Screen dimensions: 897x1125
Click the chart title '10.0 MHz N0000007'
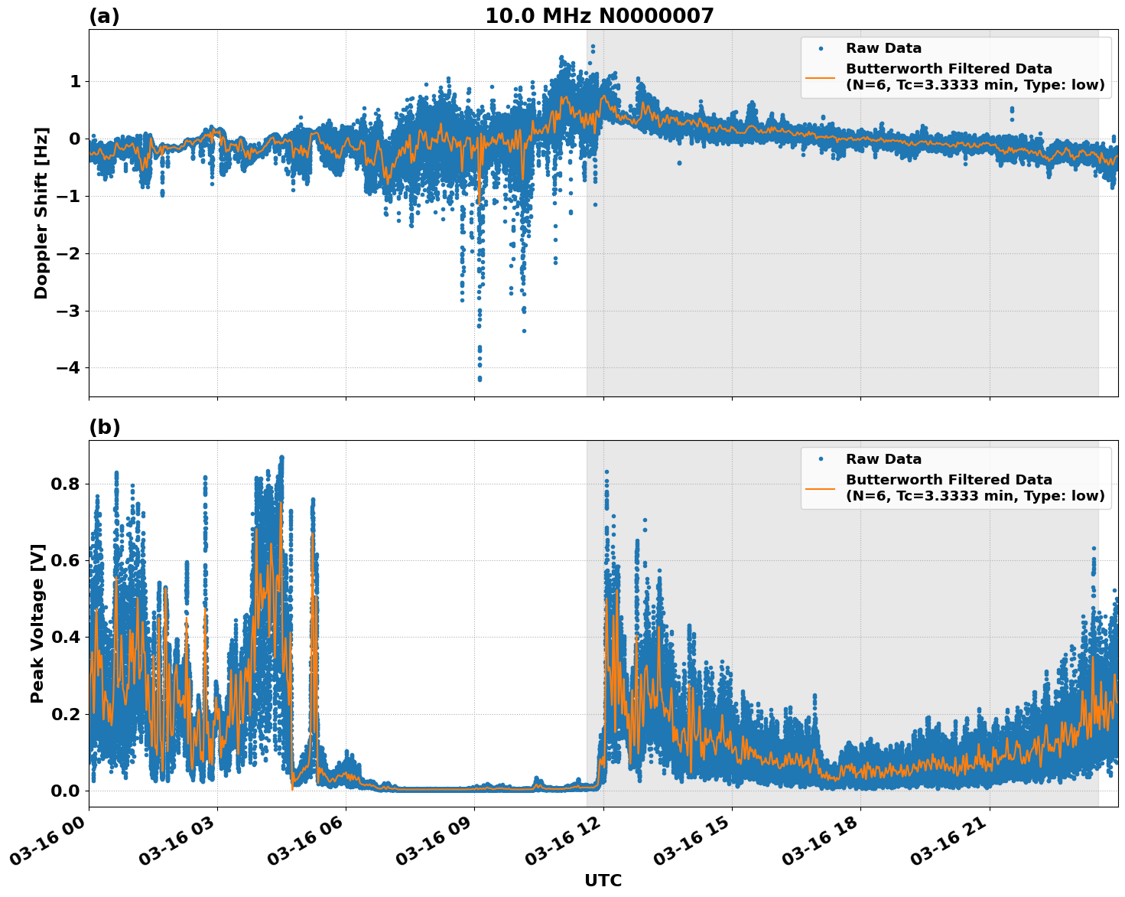[x=599, y=16]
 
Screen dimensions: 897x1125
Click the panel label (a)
[x=104, y=16]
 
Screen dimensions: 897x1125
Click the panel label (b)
[x=104, y=427]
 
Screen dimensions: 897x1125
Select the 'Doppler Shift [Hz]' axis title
[x=41, y=213]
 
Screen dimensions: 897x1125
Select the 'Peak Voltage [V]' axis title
[x=37, y=623]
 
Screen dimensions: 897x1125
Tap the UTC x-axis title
[x=603, y=880]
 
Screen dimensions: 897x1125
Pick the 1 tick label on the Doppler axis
[x=75, y=81]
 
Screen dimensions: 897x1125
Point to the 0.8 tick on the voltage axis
[x=66, y=484]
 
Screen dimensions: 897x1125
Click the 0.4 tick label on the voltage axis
[x=66, y=637]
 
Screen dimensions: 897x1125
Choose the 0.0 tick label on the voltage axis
[x=66, y=791]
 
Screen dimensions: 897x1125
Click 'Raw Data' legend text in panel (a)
[x=883, y=48]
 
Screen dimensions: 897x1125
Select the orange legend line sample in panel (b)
[x=820, y=488]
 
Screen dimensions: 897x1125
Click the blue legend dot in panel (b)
[x=821, y=459]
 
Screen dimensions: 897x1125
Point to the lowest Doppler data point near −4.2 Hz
[x=480, y=379]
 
